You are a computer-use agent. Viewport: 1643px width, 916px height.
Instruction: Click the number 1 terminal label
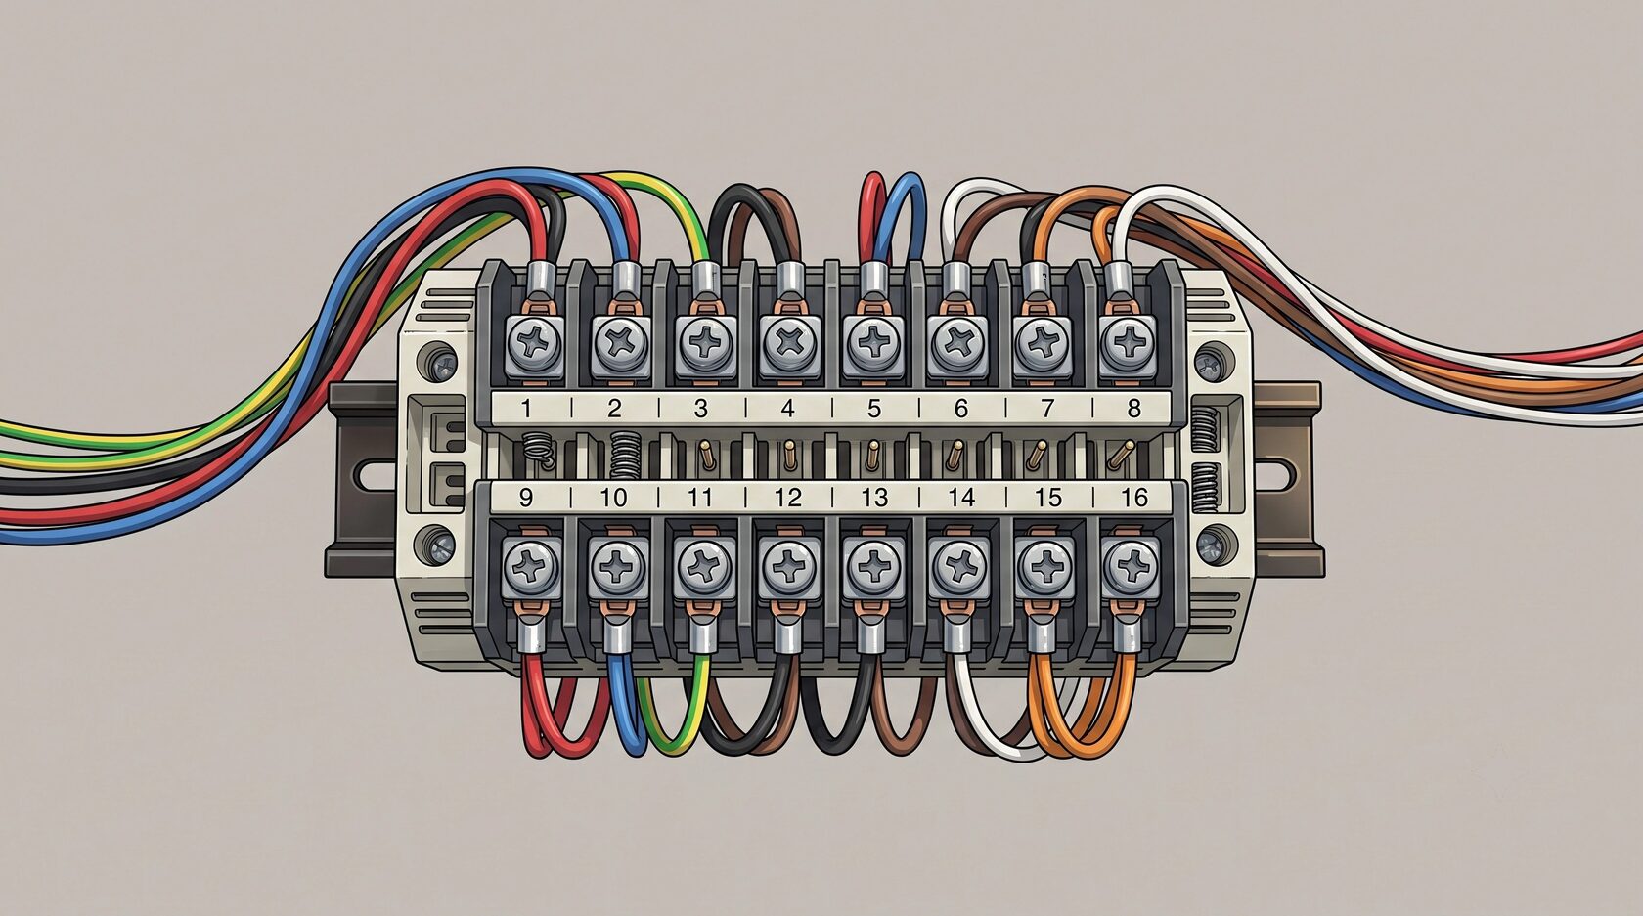526,408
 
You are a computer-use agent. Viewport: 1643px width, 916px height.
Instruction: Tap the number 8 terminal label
1134,408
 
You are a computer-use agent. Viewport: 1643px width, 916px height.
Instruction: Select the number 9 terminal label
526,498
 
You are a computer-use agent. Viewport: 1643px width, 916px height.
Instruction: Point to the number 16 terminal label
1134,498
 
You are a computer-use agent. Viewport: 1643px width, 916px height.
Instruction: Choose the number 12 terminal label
788,498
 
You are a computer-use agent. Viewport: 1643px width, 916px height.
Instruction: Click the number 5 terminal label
873,408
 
